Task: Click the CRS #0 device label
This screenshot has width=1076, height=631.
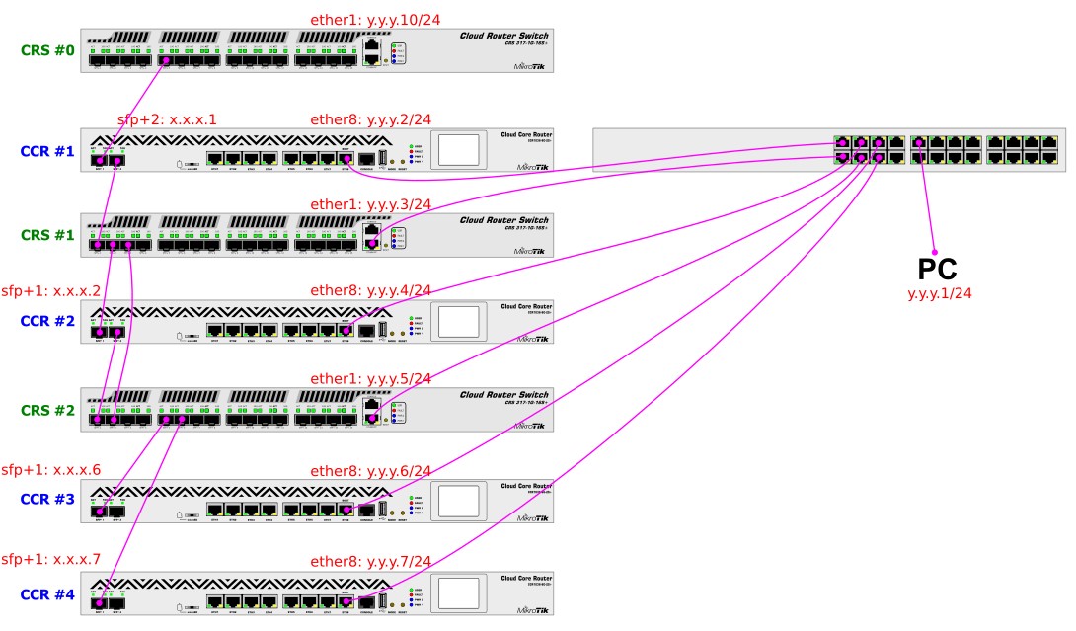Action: (47, 49)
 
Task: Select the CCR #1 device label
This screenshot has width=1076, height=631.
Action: (47, 152)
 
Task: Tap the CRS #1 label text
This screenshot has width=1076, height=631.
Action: (47, 235)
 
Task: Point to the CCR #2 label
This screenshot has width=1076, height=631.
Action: (47, 321)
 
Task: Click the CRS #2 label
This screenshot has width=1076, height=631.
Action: (47, 410)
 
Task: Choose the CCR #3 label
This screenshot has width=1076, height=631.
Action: (47, 499)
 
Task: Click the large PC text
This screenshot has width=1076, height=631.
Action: (937, 270)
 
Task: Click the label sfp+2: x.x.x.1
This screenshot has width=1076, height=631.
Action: (167, 119)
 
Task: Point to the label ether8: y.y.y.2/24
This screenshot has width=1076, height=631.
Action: (371, 119)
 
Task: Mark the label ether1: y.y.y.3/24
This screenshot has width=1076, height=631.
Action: (371, 204)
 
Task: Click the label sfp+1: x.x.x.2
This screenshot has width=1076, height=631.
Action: (51, 291)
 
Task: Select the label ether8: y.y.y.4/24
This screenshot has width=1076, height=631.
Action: (371, 290)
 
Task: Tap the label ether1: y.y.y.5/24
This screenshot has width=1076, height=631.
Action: (371, 378)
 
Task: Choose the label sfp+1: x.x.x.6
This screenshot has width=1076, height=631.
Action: (51, 469)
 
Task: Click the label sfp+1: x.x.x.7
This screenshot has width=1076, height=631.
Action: (51, 559)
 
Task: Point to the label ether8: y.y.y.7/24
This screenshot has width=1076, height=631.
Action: (371, 560)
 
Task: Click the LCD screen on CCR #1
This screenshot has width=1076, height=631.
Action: (458, 149)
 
